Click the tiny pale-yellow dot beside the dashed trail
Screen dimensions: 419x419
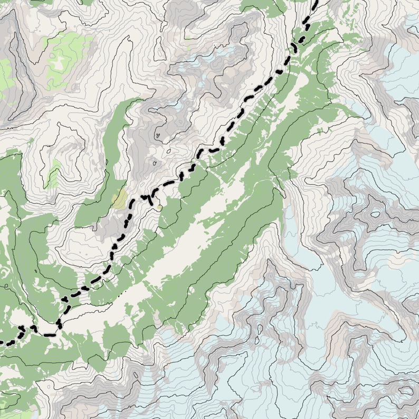coord(159,207)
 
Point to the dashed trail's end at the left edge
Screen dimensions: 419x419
coord(2,343)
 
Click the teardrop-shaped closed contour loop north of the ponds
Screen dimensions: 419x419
coord(158,136)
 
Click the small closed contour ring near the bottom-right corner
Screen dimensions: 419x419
coord(406,391)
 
